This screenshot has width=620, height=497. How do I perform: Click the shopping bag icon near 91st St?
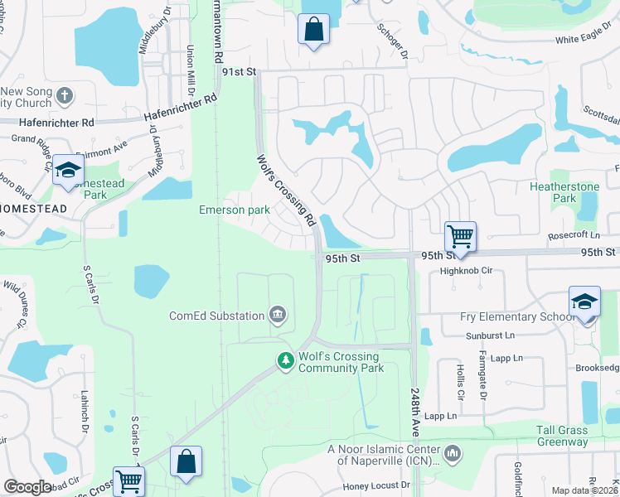pos(313,30)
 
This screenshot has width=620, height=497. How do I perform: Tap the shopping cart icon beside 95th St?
pos(460,236)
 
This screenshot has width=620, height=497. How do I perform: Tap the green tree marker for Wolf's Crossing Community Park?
pos(285,360)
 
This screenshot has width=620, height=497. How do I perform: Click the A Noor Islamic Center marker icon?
pos(452,453)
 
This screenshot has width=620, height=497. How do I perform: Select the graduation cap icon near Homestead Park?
pos(68,172)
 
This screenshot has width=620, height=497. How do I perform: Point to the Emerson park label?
pos(234,210)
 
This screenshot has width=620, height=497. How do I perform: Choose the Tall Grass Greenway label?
pos(562,436)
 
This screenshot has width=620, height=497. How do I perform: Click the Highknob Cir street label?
pos(467,270)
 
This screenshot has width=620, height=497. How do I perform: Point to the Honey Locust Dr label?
pos(377,485)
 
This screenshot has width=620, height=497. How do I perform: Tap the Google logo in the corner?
pos(27,487)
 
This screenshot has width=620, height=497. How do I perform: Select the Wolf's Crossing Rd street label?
pos(287,191)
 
